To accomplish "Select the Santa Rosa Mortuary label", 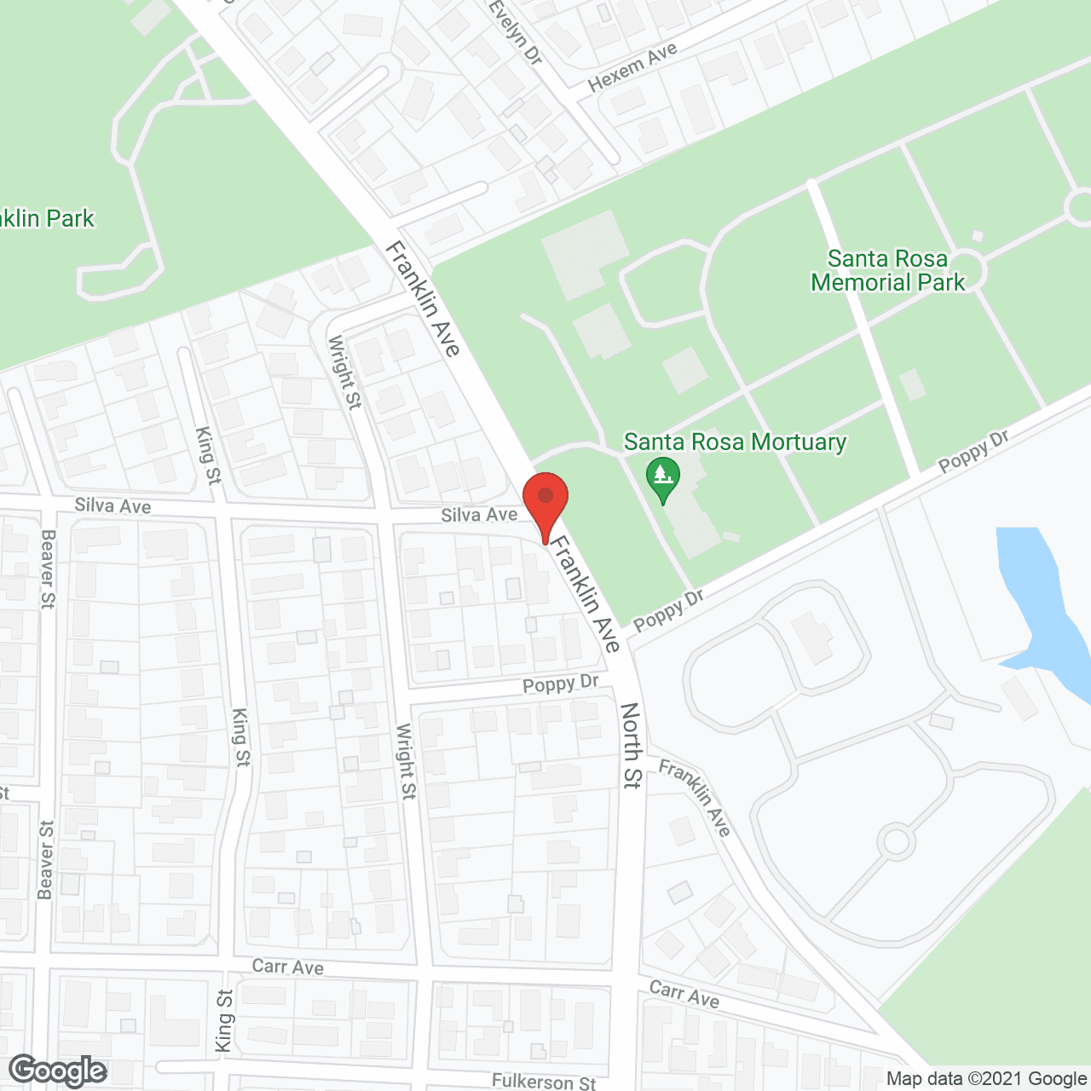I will point(735,442).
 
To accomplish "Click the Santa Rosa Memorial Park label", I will point(887,270).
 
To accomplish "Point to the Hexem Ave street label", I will point(632,66).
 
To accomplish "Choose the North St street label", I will point(631,745).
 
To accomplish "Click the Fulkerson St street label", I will point(544,1082).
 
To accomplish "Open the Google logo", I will point(58,1071).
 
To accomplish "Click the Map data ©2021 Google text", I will point(986,1079).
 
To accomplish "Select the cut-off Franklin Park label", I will point(47,219).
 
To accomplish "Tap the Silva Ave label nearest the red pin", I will point(479,514).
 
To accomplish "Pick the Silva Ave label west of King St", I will point(113,505).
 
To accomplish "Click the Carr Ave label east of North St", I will point(684,994).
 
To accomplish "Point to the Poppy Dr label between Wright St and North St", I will point(561,684).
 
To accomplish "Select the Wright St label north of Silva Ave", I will point(343,372).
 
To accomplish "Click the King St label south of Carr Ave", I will point(224,1020).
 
